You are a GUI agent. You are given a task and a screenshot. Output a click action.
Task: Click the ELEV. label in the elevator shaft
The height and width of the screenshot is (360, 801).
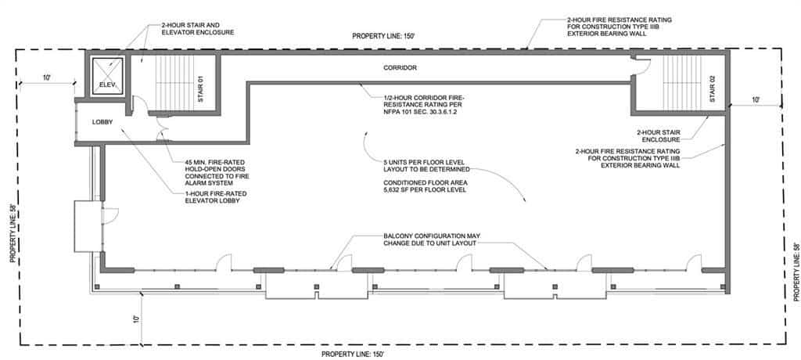pyautogui.click(x=106, y=85)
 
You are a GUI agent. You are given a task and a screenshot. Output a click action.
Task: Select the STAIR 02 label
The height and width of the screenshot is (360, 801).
pyautogui.click(x=713, y=88)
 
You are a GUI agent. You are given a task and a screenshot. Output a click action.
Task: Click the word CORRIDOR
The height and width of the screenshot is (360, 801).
pyautogui.click(x=400, y=67)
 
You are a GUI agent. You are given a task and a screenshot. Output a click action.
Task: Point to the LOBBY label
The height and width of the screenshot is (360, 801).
pyautogui.click(x=102, y=122)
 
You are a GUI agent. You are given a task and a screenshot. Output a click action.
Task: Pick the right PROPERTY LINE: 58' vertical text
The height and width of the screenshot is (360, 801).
pyautogui.click(x=796, y=272)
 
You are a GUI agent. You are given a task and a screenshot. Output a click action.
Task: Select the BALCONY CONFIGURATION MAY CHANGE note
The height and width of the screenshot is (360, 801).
pyautogui.click(x=432, y=239)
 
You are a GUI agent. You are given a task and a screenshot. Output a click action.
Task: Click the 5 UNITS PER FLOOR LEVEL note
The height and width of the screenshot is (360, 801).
pyautogui.click(x=426, y=165)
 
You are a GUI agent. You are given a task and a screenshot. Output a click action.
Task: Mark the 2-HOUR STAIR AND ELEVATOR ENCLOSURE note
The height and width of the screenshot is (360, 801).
pyautogui.click(x=198, y=28)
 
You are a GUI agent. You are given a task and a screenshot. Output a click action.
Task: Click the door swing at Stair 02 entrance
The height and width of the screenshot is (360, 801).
pyautogui.click(x=642, y=66)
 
